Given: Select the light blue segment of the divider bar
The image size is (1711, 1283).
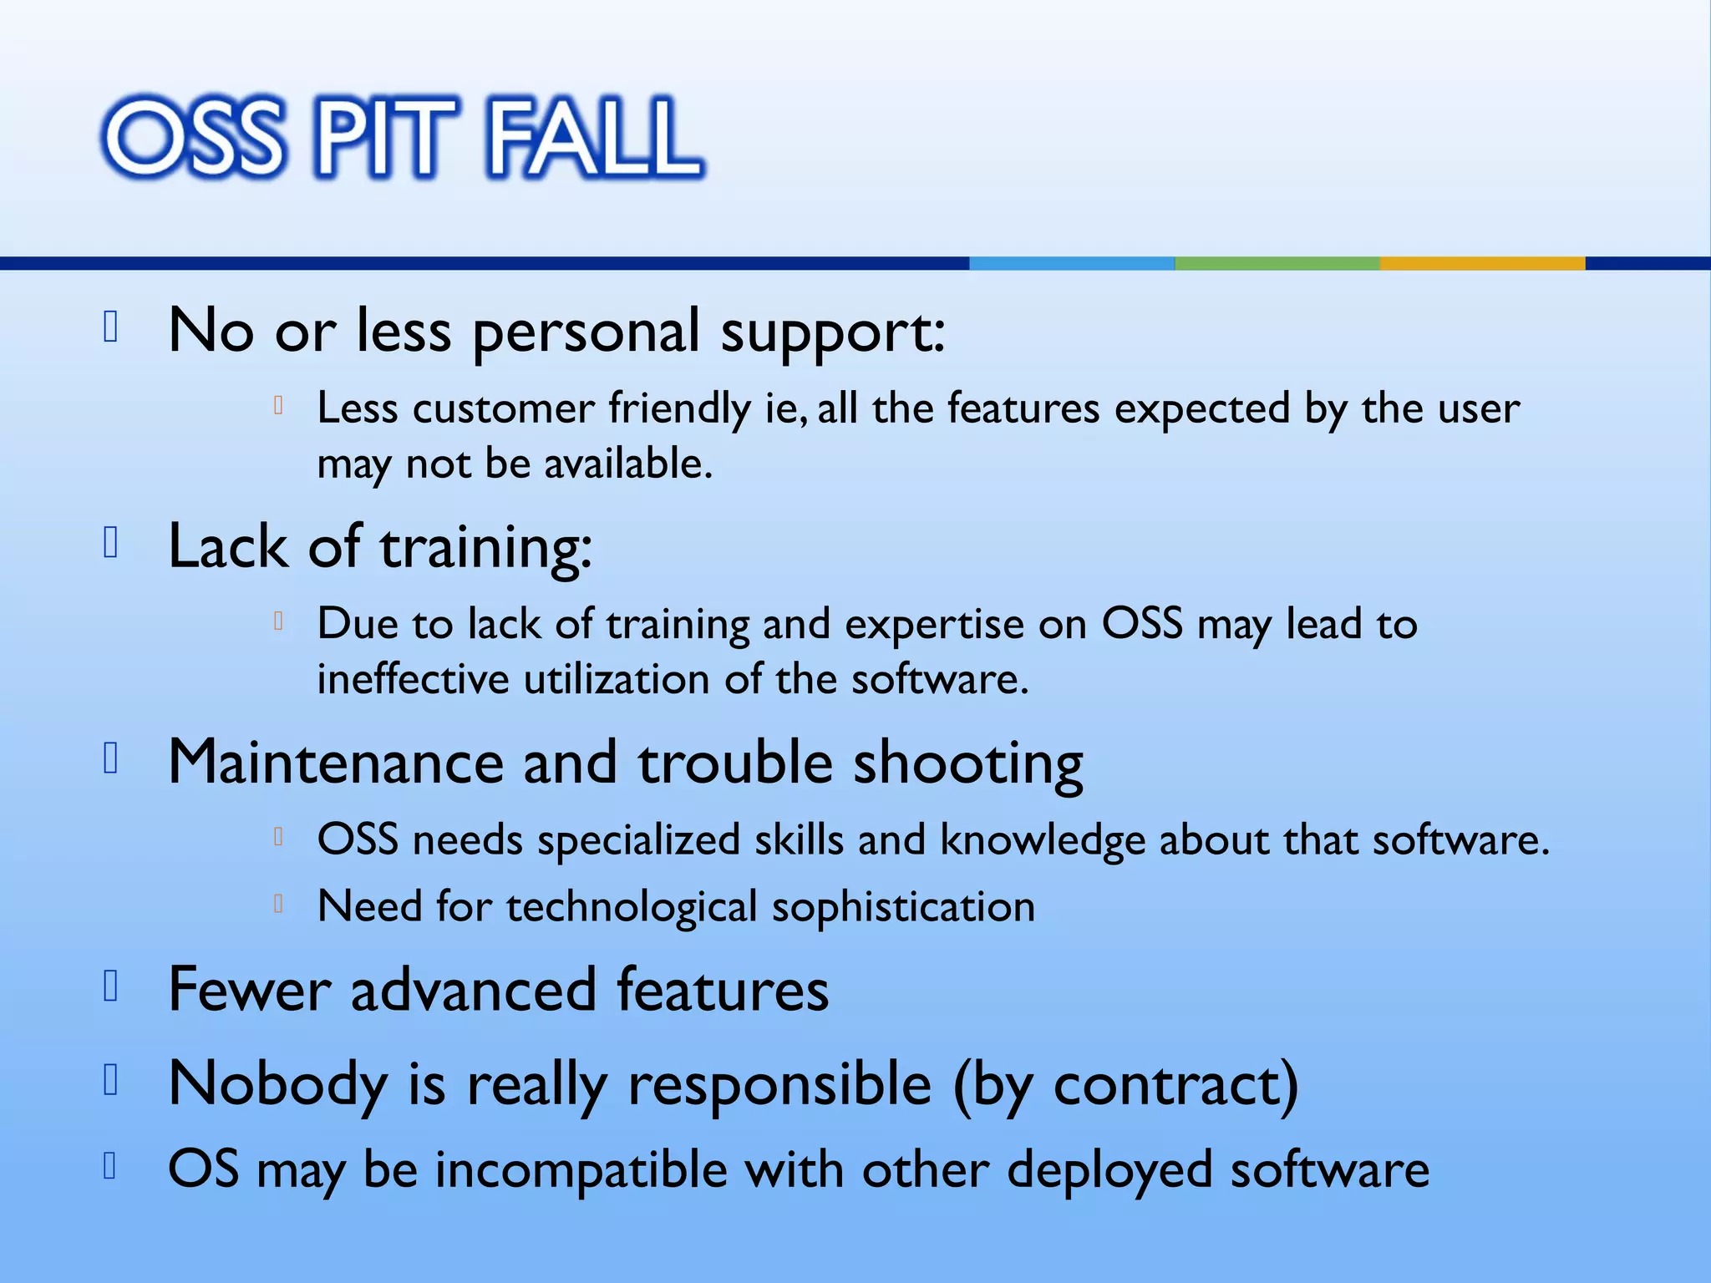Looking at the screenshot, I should click(x=1071, y=263).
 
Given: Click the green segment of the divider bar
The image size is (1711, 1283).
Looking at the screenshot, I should click(x=1277, y=263).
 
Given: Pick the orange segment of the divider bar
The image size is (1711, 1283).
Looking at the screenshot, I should click(x=1482, y=263).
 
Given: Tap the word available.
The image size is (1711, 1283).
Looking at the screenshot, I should click(x=628, y=464).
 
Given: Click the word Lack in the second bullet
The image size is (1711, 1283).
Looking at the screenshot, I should click(x=227, y=547).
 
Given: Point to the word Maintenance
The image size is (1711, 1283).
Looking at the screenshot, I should click(x=336, y=763).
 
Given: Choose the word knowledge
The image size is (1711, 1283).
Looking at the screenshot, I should click(x=1042, y=840).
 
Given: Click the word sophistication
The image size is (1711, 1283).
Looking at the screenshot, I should click(x=903, y=908).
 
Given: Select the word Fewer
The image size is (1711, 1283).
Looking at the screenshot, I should click(x=249, y=990).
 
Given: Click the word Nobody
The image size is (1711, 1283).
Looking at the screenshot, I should click(x=277, y=1085).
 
